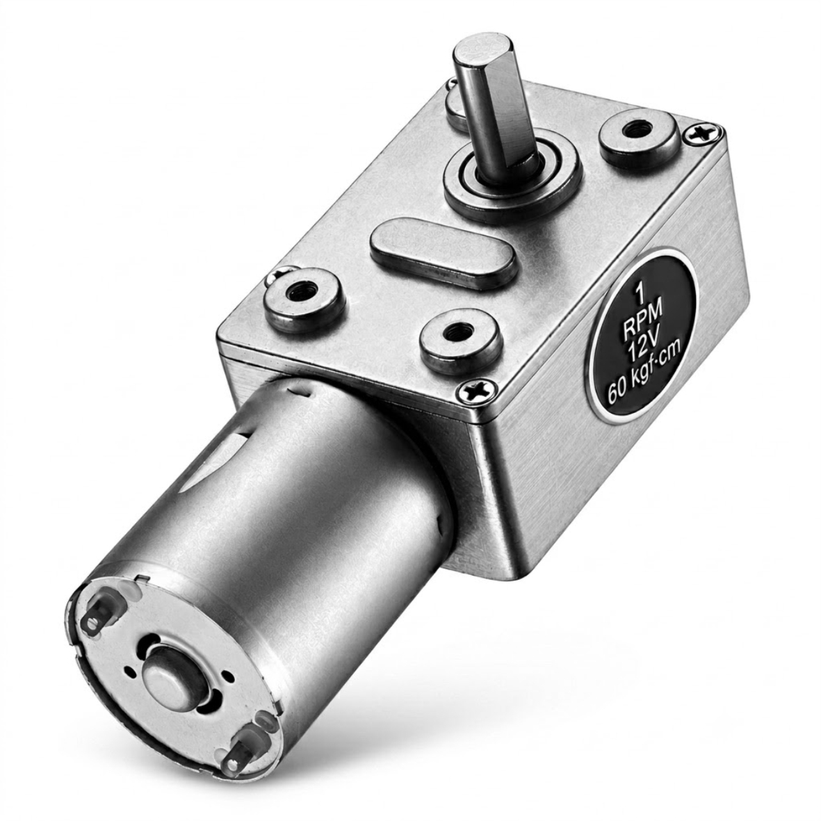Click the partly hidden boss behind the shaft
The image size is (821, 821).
(x=457, y=104)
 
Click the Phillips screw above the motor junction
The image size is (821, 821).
(x=476, y=391)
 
